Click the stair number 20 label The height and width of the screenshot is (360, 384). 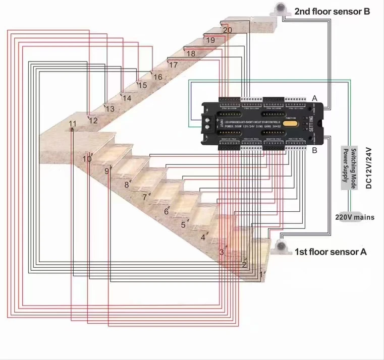[x=228, y=30]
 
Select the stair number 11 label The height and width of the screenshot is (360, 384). [x=73, y=124]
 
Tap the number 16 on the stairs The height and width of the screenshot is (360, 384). [x=157, y=77]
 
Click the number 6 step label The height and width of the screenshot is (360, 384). [x=167, y=212]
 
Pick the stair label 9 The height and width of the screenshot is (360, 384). [x=106, y=171]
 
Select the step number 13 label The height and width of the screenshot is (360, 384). [x=109, y=109]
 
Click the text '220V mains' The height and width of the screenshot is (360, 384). [x=355, y=217]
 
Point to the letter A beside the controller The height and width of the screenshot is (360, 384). [x=315, y=98]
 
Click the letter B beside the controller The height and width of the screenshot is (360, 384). [x=314, y=150]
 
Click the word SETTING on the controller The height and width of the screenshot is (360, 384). [x=311, y=123]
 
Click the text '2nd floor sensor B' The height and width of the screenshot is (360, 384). [x=333, y=11]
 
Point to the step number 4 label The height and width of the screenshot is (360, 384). [x=203, y=237]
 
